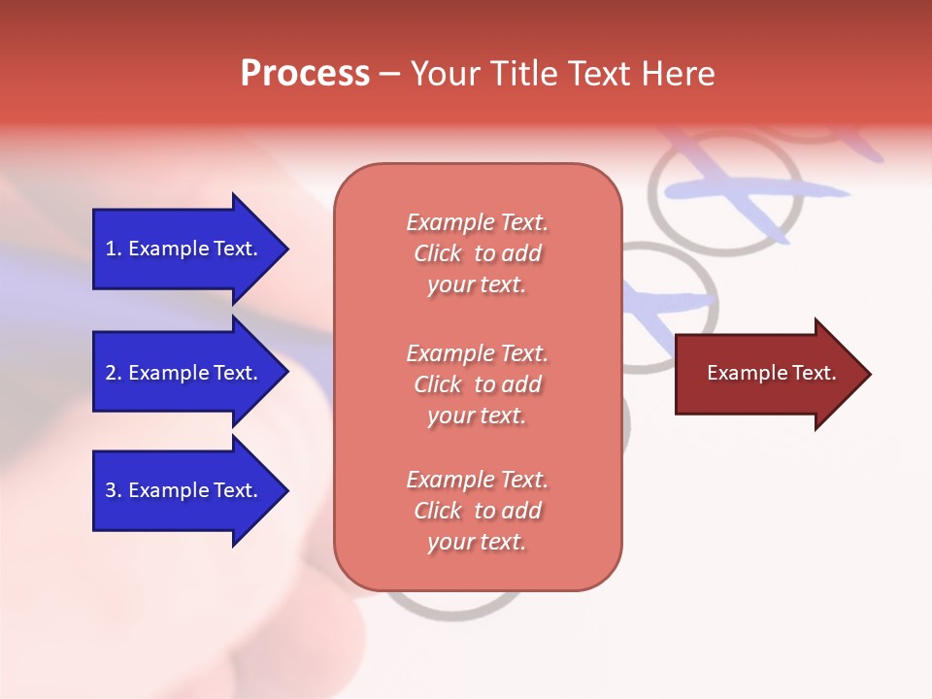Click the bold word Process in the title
tap(305, 74)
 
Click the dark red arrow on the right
tap(767, 374)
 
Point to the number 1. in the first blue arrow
tap(114, 249)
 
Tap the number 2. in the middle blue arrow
tap(114, 373)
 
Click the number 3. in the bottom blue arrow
tap(114, 490)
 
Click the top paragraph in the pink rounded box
tap(477, 253)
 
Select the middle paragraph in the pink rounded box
tap(477, 384)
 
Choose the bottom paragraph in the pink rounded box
tap(477, 511)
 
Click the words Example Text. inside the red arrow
tap(771, 373)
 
